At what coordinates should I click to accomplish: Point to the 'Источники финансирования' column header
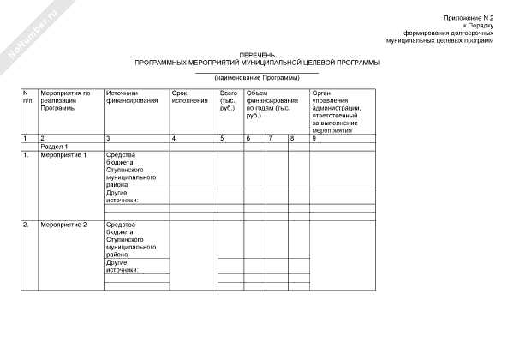tap(132, 96)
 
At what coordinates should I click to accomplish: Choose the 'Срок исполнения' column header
tap(189, 96)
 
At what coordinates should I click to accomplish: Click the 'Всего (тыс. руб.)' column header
tap(229, 100)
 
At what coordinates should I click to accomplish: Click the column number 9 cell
tap(314, 138)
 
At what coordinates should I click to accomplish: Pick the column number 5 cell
tap(222, 138)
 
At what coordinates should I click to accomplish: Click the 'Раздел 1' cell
tap(55, 147)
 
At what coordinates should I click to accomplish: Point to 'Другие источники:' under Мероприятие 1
tap(123, 196)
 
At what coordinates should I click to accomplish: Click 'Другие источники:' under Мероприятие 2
tap(123, 266)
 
